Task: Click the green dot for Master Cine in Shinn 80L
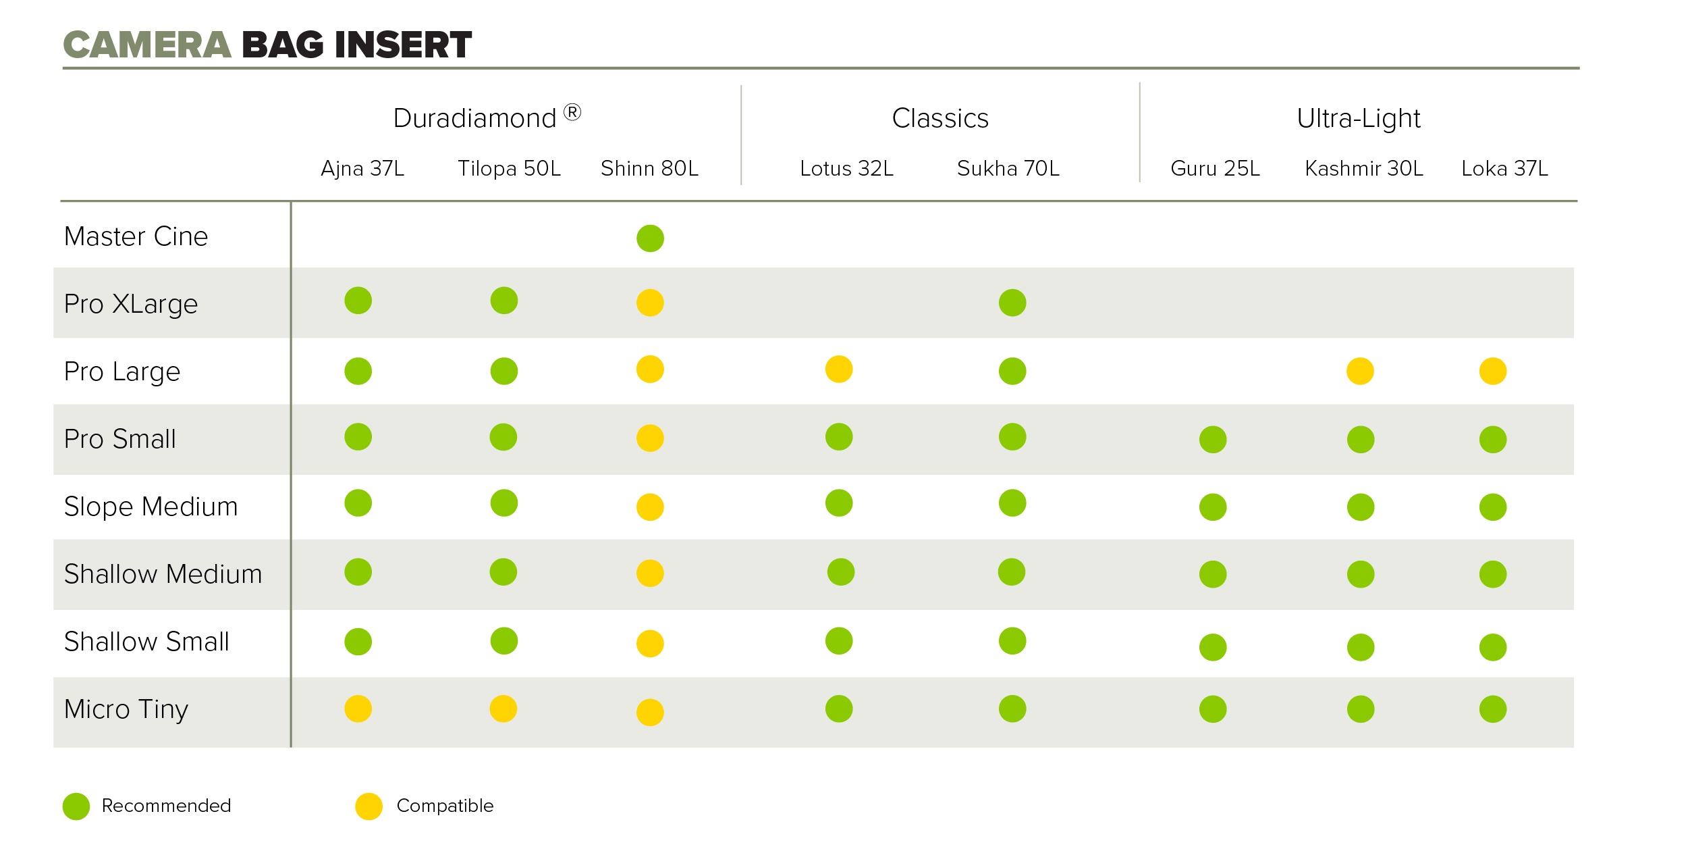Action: coord(650,238)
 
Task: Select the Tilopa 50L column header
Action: coord(509,168)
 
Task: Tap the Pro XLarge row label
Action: coord(131,304)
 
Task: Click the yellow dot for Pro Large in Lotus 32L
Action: coord(839,369)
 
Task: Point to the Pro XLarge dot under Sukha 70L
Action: coord(1012,303)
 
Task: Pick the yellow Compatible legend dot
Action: coord(369,806)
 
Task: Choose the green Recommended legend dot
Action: coord(76,806)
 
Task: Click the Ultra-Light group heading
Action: coord(1358,119)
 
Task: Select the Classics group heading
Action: coord(940,119)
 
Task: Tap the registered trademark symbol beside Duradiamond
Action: coord(572,112)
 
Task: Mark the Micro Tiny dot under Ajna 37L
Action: coord(358,709)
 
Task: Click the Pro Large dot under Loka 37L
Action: coord(1492,371)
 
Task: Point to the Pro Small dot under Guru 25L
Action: coord(1213,440)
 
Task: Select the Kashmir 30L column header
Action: coord(1364,168)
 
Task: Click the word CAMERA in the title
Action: coord(147,45)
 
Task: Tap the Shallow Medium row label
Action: coord(163,574)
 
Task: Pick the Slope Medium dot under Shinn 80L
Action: coord(650,507)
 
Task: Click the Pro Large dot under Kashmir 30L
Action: coord(1360,371)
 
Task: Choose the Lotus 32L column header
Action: coord(846,168)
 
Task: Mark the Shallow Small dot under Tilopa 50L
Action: coord(504,641)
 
